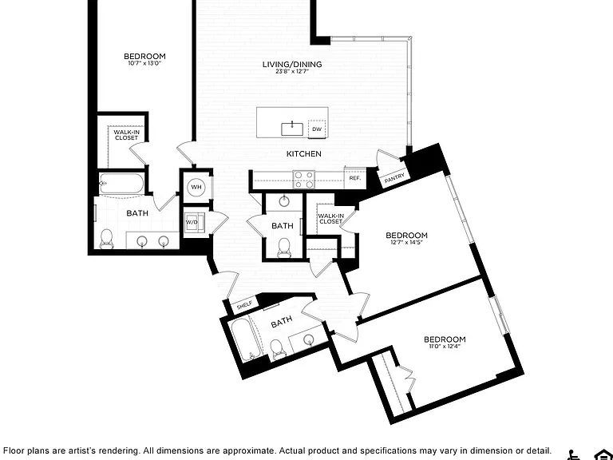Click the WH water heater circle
click(x=196, y=187)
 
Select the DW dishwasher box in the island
click(x=317, y=129)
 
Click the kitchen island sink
click(x=292, y=129)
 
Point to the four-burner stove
click(x=304, y=180)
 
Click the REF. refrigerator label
click(x=355, y=178)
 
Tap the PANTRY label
click(x=394, y=178)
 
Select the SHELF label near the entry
click(x=245, y=306)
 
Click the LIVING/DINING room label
click(x=292, y=64)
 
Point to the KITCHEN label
click(x=304, y=153)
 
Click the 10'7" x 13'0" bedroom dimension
click(x=144, y=63)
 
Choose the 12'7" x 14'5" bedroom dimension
click(x=406, y=242)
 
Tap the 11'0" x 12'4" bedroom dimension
click(x=445, y=346)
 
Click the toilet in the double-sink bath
click(x=106, y=239)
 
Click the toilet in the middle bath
click(x=283, y=248)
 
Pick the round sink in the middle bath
click(x=284, y=201)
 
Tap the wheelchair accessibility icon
click(x=574, y=454)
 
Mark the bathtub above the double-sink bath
click(x=121, y=184)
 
